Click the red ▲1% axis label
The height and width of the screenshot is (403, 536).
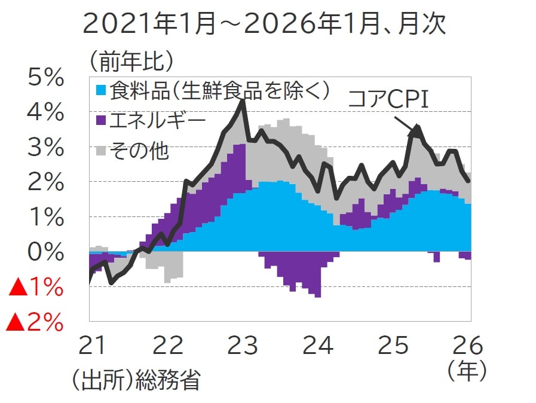35,288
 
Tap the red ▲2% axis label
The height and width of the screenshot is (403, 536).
35,323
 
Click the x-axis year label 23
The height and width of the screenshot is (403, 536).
243,346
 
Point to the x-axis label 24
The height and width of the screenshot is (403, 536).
317,346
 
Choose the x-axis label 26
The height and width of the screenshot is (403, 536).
467,346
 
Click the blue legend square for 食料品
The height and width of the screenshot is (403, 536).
101,91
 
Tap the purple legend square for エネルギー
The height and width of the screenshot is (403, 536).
101,121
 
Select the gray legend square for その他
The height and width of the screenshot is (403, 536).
101,151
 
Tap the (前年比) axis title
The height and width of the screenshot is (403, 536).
132,59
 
